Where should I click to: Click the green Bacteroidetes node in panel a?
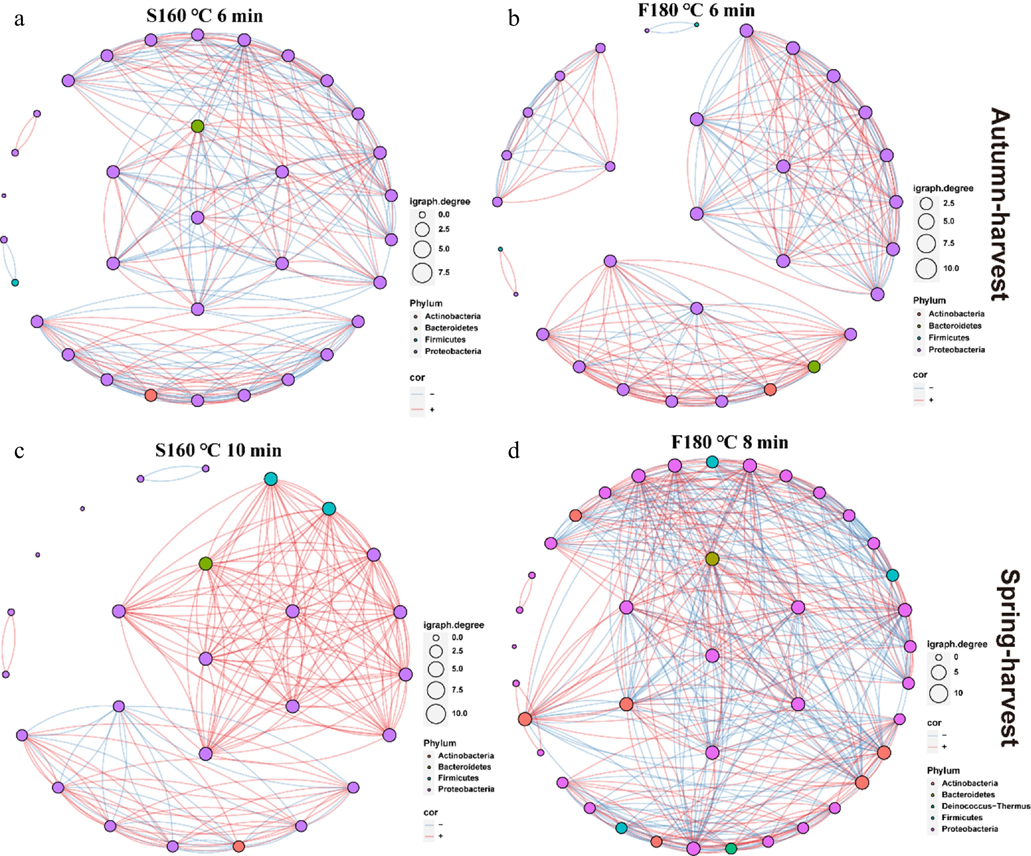coord(197,126)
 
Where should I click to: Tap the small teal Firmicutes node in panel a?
coord(15,283)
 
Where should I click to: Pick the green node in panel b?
coord(814,366)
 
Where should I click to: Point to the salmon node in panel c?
coord(239,846)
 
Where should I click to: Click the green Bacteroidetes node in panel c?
coord(206,564)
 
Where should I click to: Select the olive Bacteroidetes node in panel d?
coord(712,559)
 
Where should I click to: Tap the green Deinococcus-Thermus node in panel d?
coord(731,848)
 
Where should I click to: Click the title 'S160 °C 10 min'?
coord(219,450)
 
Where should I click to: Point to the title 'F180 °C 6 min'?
coord(696,10)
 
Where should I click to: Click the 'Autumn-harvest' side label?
coord(999,204)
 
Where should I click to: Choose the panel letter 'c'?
coord(19,450)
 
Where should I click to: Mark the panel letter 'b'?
coord(514,19)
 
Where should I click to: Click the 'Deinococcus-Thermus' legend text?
coord(985,806)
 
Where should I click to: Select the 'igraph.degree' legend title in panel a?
coord(440,201)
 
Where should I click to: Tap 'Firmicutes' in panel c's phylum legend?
coord(458,778)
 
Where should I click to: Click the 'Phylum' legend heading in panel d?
coord(943,770)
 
